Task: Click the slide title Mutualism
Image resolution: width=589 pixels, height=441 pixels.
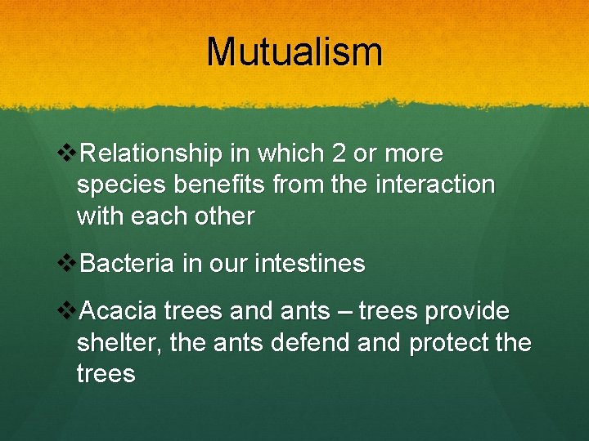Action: pyautogui.click(x=294, y=51)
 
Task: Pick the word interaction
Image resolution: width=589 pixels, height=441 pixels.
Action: pyautogui.click(x=435, y=185)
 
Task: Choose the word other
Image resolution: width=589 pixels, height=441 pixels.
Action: pyautogui.click(x=227, y=216)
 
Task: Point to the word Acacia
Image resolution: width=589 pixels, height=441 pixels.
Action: pyautogui.click(x=120, y=311)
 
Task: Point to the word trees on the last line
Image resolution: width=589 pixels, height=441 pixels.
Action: pyautogui.click(x=106, y=375)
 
